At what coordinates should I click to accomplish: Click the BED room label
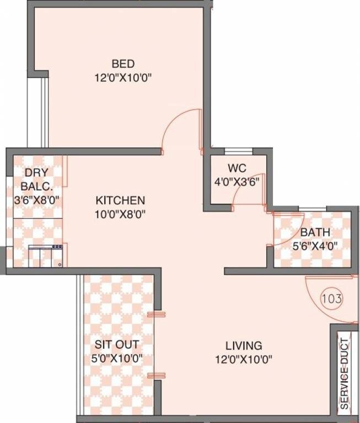coord(123,63)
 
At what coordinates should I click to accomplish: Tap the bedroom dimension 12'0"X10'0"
coord(123,78)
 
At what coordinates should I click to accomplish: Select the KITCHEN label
coord(120,199)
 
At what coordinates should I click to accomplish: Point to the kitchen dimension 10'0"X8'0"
coord(120,214)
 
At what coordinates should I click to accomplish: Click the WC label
coord(237,167)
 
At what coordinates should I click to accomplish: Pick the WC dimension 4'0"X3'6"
coord(237,181)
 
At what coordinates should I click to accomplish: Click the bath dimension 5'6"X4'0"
coord(315,246)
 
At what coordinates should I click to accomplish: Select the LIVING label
coord(243,346)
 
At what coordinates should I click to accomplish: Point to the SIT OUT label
coord(117,345)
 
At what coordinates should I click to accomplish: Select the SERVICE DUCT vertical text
coord(345,372)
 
